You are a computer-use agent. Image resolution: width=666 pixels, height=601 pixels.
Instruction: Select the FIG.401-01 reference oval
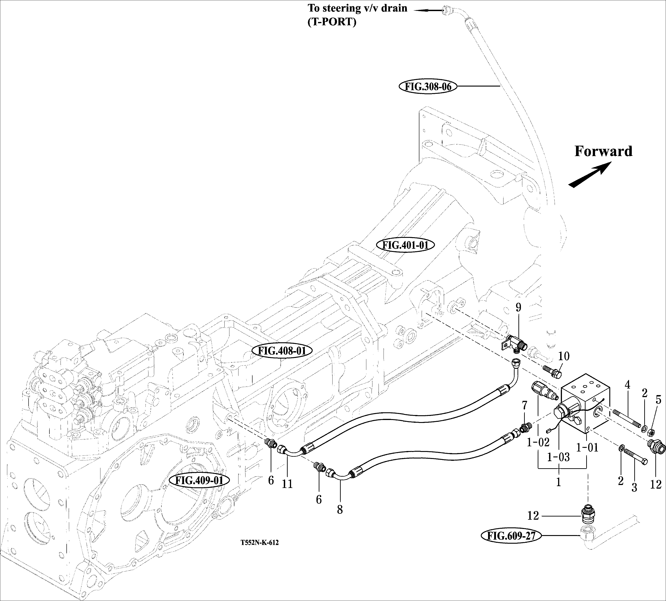(x=405, y=245)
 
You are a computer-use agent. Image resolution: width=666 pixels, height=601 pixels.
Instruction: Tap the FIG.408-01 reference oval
(x=282, y=351)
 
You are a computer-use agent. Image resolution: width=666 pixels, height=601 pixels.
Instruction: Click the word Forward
(x=603, y=151)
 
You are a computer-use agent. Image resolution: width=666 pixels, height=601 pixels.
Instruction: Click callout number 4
(x=627, y=384)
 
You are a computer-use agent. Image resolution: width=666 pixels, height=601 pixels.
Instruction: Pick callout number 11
(x=287, y=484)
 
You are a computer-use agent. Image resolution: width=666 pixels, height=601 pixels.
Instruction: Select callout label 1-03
(x=558, y=457)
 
